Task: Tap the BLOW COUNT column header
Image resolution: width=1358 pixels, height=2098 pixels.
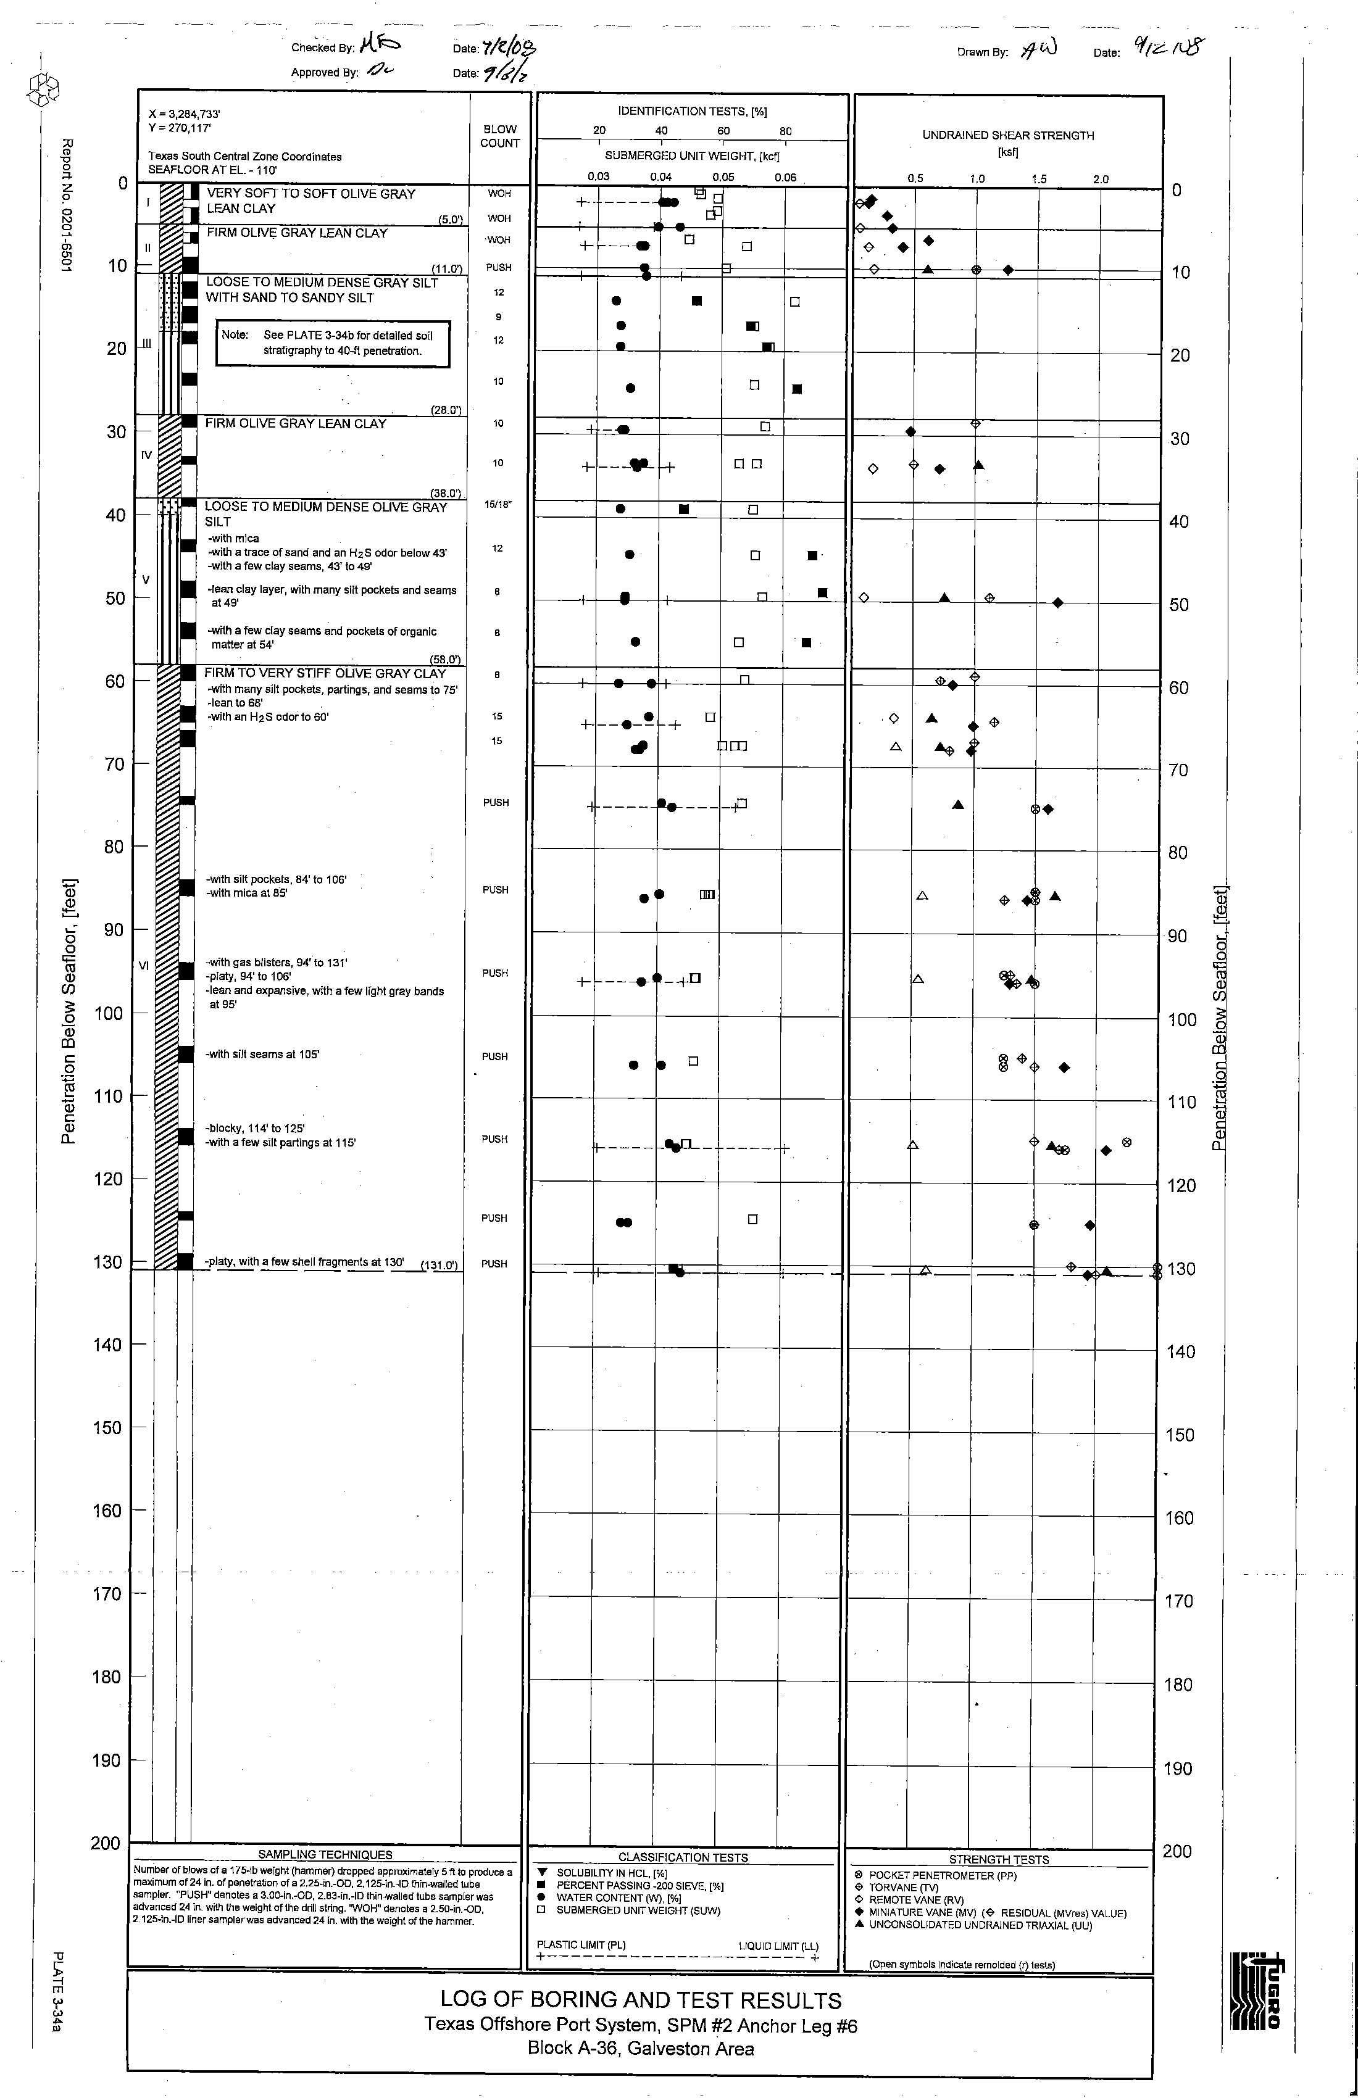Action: point(500,136)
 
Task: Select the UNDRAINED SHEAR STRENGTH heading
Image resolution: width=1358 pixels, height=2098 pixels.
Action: point(1008,135)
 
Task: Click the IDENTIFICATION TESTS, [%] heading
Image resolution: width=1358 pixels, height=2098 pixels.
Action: point(692,111)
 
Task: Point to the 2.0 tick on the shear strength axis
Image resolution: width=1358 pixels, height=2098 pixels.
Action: point(1101,179)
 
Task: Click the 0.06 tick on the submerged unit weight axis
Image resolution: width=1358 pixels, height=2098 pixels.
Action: point(785,177)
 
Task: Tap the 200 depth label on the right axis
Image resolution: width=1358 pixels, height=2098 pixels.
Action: point(1177,1851)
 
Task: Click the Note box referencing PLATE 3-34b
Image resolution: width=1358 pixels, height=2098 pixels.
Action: point(333,343)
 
